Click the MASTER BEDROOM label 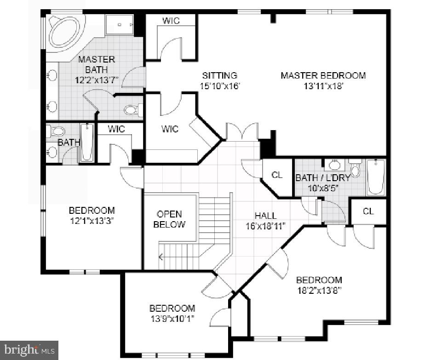(323, 75)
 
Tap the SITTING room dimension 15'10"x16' (220, 86)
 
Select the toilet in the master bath (133, 110)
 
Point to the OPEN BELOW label (169, 219)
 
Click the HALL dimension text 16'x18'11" (266, 226)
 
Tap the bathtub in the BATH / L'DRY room (376, 177)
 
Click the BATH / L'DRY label (323, 177)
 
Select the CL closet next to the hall (277, 175)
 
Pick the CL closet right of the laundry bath (368, 211)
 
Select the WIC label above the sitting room (171, 21)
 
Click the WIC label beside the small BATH (116, 129)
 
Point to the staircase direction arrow (160, 257)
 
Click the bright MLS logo (29, 350)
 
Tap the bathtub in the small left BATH (86, 143)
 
